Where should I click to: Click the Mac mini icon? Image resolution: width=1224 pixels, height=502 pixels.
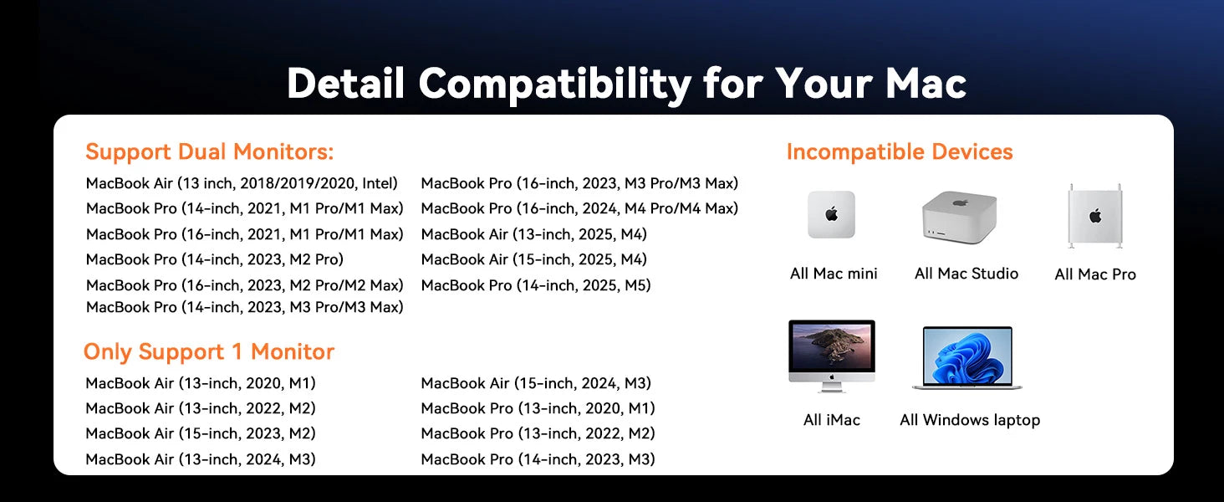pos(831,214)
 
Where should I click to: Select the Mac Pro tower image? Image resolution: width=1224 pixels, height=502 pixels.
pos(1095,216)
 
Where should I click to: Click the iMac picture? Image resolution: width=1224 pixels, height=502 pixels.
pos(832,356)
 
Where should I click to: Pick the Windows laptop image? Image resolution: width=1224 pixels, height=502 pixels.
pos(967,358)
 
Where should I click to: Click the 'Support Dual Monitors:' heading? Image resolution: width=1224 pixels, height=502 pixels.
pos(209,151)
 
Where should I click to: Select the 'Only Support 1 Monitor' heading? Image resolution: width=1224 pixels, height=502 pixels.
pos(209,351)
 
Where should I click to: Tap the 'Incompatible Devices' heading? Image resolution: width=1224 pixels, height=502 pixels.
pos(900,151)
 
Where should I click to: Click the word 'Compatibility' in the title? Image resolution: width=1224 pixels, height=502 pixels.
pos(555,85)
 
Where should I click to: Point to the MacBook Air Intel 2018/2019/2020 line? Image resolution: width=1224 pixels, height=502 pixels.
pos(242,183)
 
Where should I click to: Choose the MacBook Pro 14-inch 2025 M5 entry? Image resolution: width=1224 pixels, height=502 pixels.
pos(535,285)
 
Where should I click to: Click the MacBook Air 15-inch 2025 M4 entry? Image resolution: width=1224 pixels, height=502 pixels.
pos(534,259)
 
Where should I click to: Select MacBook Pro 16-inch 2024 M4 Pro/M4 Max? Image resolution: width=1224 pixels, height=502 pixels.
pos(579,208)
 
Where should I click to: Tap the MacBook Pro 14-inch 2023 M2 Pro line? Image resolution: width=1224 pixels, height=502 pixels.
pos(215,259)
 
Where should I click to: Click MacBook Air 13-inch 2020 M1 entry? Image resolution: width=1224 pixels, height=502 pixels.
pos(201,383)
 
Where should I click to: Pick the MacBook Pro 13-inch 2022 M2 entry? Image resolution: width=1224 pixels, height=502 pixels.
pos(538,433)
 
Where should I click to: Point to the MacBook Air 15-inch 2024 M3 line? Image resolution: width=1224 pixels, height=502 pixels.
pos(535,383)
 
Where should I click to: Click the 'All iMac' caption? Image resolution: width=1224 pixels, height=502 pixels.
pos(832,420)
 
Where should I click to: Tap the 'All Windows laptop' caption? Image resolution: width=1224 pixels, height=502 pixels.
pos(970,420)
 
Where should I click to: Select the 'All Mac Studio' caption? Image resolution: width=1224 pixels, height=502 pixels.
pos(966,274)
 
